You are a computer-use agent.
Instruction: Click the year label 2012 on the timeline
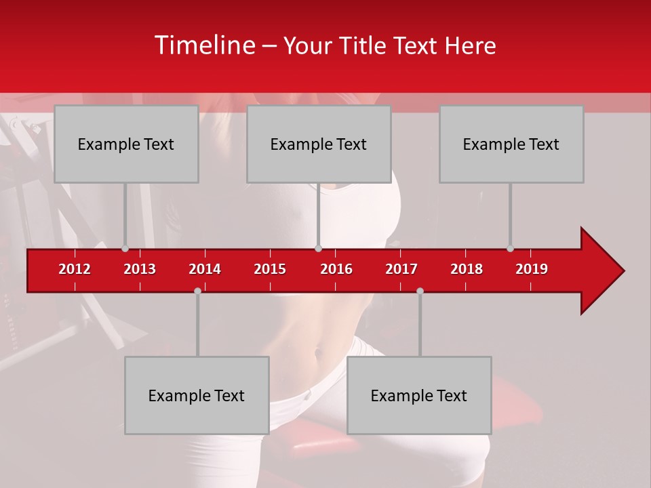point(75,269)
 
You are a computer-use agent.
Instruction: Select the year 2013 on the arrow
point(140,269)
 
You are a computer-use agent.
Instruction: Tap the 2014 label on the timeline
point(205,269)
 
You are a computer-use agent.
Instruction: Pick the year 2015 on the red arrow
point(270,269)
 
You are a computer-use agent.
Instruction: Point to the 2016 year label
point(336,269)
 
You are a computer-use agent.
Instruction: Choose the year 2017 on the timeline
point(401,269)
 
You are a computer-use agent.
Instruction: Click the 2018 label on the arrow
point(467,269)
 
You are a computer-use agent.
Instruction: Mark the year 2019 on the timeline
point(532,269)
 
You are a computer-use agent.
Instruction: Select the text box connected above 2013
point(126,144)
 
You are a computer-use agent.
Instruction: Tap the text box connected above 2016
point(319,144)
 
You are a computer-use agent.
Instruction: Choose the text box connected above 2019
point(511,144)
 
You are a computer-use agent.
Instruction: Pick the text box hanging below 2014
point(197,395)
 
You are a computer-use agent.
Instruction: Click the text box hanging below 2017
point(419,395)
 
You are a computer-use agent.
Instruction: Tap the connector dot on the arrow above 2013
point(125,249)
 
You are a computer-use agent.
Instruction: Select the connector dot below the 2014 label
point(197,291)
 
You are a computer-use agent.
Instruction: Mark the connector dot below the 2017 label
point(420,291)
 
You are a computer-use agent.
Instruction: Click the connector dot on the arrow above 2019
point(510,249)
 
